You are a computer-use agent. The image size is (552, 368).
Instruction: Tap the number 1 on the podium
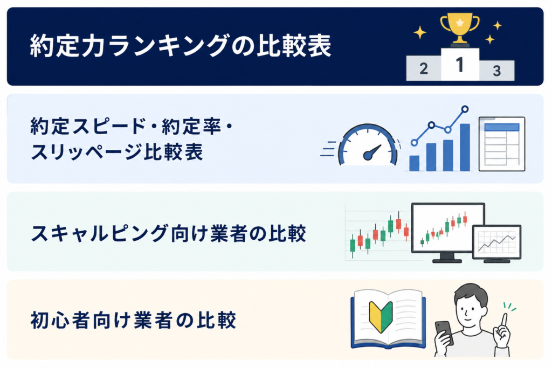coord(459,65)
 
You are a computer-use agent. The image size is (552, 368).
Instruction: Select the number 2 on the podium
coord(424,68)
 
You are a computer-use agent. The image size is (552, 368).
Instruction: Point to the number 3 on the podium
coord(496,71)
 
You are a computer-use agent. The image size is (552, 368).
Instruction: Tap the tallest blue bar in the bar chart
coord(465,147)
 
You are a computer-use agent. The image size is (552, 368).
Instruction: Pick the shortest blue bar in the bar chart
coord(415,163)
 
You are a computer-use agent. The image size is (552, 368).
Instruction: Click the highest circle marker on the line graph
coord(465,109)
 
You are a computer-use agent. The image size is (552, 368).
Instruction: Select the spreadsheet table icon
coord(502,144)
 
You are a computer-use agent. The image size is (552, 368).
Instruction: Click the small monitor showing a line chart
coord(496,244)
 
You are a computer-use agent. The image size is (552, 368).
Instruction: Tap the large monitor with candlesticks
coord(448,232)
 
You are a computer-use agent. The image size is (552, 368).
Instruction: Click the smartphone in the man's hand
coord(444,333)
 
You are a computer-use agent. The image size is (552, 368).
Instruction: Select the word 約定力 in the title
coord(67,46)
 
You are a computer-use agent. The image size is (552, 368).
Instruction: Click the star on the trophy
coord(460,23)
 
